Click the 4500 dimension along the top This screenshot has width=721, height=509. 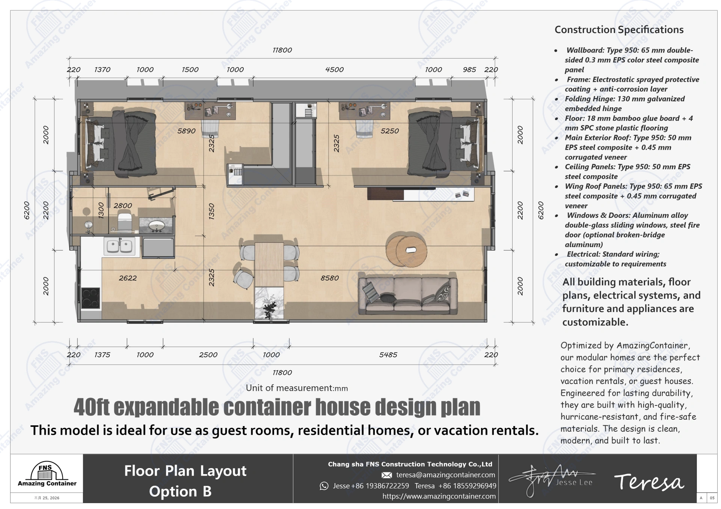(334, 70)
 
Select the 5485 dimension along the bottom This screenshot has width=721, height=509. (388, 355)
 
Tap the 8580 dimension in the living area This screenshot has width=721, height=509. (329, 278)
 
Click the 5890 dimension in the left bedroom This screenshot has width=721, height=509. (186, 131)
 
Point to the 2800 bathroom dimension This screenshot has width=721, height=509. (123, 206)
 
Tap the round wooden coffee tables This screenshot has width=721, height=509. (406, 250)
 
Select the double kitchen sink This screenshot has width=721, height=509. (120, 246)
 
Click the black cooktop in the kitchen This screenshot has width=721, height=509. (91, 298)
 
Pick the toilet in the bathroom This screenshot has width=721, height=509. (124, 221)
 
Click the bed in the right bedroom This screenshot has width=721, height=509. (443, 143)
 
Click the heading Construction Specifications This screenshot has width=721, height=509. (619, 30)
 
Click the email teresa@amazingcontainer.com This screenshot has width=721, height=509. (445, 475)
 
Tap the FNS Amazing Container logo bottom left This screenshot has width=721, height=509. (47, 475)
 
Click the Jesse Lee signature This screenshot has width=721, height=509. (552, 480)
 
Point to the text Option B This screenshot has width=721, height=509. (180, 491)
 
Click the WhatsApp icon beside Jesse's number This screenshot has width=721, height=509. (324, 486)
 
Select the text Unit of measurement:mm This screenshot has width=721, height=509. (297, 388)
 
